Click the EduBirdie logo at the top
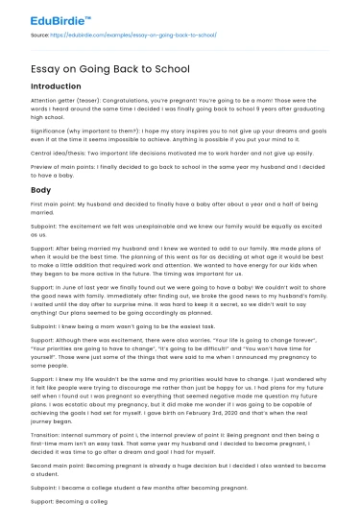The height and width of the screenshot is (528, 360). pyautogui.click(x=45, y=16)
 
